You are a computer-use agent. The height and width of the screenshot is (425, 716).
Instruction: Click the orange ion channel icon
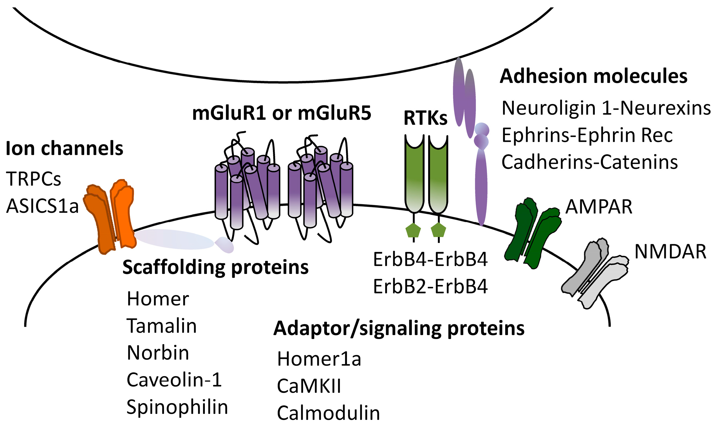(x=110, y=216)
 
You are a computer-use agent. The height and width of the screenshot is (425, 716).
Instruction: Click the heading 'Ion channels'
(x=64, y=148)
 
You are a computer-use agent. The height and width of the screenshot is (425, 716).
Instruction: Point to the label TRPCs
(x=33, y=179)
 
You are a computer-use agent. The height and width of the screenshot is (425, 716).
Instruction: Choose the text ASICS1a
(x=42, y=206)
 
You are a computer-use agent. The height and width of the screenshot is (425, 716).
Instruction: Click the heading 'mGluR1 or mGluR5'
(x=282, y=113)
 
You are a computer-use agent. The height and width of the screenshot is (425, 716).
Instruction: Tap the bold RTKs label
(x=425, y=118)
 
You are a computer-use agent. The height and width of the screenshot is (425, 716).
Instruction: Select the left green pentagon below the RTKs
(x=413, y=230)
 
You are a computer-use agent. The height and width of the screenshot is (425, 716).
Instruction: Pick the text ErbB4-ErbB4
(x=430, y=259)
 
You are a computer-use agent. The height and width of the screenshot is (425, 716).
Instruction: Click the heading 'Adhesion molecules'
(x=594, y=76)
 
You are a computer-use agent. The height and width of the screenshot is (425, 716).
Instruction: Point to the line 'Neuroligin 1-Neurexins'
(x=606, y=108)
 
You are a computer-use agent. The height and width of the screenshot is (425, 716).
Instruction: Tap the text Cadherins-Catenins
(x=590, y=162)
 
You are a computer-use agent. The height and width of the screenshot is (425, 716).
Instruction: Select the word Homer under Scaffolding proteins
(x=158, y=299)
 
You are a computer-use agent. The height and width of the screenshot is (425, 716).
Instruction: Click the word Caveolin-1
(x=174, y=380)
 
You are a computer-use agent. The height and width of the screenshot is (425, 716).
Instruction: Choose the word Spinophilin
(x=177, y=407)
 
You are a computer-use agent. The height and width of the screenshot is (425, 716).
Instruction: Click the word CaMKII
(x=309, y=386)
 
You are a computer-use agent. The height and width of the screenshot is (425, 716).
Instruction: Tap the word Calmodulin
(x=328, y=413)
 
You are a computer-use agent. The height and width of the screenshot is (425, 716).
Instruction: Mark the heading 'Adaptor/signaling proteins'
(x=399, y=328)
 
